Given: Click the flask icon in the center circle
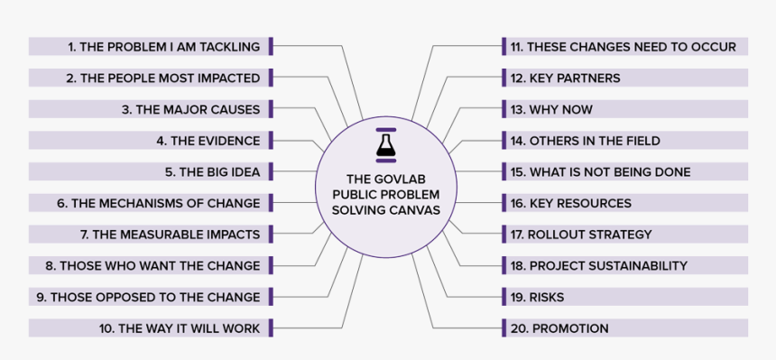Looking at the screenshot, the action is coord(385,143).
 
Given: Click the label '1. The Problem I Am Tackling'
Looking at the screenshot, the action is coord(163,47).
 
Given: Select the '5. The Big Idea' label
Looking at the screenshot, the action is coord(212,171).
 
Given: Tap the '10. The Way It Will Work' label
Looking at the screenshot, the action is coord(180,328).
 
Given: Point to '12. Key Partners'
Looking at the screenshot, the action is coord(565,78).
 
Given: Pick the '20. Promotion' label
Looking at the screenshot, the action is coord(559,328).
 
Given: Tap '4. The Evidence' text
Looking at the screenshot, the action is coord(208,141).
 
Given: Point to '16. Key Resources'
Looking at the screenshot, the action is coord(570,203).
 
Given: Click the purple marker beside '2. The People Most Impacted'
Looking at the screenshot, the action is coord(271,78).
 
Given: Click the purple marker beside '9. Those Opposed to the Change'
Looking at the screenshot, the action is coord(271,297).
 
